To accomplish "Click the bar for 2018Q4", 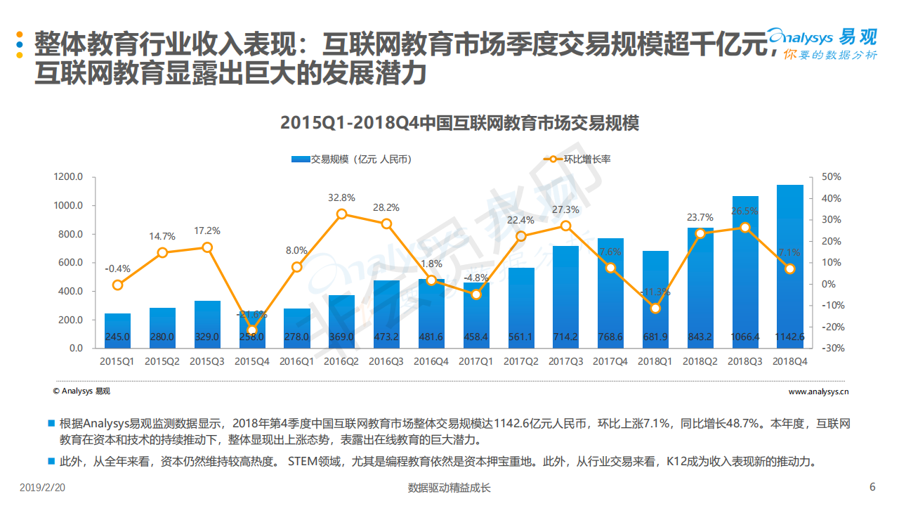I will click(x=789, y=266).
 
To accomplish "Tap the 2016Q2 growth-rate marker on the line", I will click(x=341, y=214).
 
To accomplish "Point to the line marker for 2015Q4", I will click(x=252, y=330).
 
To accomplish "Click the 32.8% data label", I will click(x=341, y=198).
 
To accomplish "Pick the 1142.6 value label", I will click(x=789, y=337).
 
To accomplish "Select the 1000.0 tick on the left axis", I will click(x=68, y=206).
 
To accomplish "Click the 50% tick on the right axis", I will click(x=832, y=177).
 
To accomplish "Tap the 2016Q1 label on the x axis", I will click(x=296, y=361).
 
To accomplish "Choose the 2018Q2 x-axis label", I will click(x=700, y=361).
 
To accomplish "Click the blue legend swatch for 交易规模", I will click(x=301, y=160).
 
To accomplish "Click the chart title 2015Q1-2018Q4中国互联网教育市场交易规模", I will click(x=459, y=123).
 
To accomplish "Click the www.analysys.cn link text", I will click(x=819, y=391).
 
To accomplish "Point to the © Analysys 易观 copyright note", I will click(x=81, y=391).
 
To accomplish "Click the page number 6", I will click(x=872, y=487).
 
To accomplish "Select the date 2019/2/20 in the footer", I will click(x=43, y=487).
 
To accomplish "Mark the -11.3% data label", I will click(x=655, y=292).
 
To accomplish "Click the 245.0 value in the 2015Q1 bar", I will click(x=117, y=337).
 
